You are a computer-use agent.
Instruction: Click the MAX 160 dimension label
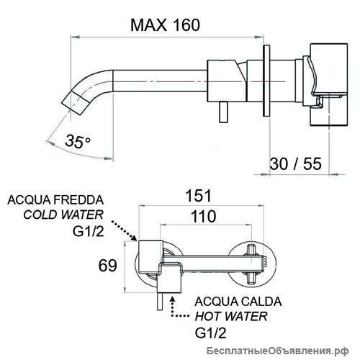coord(165,24)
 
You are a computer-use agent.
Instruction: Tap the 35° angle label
coord(78,141)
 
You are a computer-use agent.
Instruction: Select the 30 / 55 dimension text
coord(296,163)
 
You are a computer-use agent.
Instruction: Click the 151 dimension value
coord(199,195)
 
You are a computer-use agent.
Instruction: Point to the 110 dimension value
coord(203,216)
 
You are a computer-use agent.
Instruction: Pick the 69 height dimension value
coord(108,266)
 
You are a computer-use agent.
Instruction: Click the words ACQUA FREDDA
coord(55,200)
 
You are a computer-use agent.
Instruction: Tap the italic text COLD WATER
coord(63,215)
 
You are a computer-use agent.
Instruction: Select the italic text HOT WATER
coord(231,316)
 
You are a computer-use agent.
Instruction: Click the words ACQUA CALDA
coord(238,302)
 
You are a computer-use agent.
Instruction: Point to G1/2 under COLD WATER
coord(89,231)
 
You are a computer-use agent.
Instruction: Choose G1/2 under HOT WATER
coord(210,333)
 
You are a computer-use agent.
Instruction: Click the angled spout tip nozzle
coord(75,104)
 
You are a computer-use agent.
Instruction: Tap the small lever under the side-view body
coord(222,112)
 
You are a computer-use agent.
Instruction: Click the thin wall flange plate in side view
coord(266,81)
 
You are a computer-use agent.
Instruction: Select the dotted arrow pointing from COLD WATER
coord(124,230)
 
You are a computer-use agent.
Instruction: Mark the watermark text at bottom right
coord(278,351)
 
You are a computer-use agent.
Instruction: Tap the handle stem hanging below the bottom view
coord(161,302)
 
